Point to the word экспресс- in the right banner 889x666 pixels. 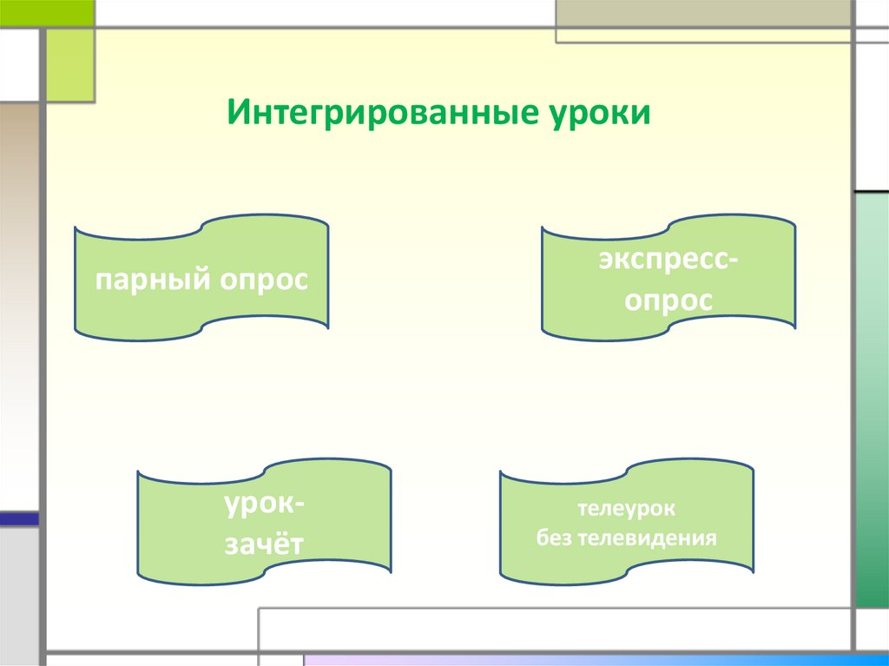667,261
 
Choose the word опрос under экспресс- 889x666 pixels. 667,301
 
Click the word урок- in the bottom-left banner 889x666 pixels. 265,505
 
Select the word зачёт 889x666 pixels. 265,545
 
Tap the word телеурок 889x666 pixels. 626,507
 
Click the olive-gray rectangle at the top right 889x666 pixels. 703,14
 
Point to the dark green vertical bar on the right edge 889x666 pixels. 872,399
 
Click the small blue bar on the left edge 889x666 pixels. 19,518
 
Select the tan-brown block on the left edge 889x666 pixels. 19,174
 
